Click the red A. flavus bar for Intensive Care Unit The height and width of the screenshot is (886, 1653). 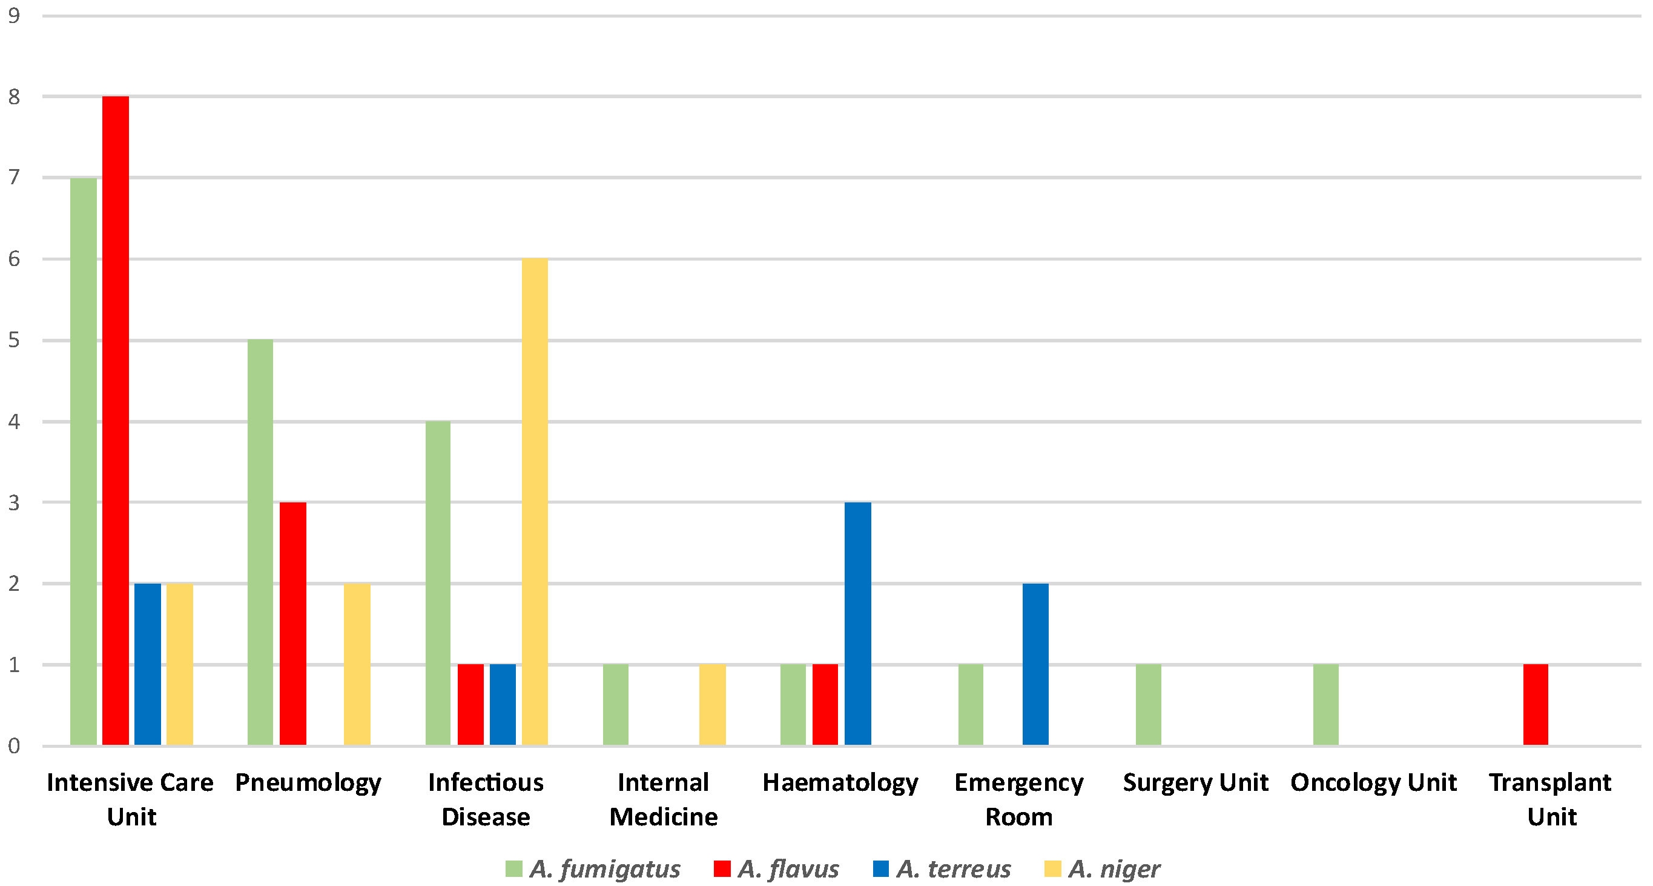[x=116, y=421]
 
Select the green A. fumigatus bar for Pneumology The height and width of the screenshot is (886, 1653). [x=260, y=542]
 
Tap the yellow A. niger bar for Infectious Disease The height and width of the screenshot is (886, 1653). [x=535, y=501]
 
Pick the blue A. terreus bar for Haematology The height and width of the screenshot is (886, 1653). [x=857, y=624]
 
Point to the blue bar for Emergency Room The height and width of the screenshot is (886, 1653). [x=1035, y=664]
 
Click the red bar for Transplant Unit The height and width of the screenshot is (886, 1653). [x=1535, y=704]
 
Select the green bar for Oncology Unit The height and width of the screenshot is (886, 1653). [x=1326, y=704]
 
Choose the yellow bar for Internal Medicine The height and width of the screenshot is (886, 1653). [x=712, y=704]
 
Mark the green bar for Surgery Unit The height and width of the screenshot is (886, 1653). [x=1148, y=704]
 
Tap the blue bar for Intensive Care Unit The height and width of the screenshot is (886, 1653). [x=148, y=664]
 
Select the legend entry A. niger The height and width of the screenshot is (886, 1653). [x=1114, y=868]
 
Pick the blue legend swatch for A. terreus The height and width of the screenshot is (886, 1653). [x=881, y=868]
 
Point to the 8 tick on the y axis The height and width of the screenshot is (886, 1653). [x=14, y=97]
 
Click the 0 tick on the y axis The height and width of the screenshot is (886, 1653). [x=14, y=746]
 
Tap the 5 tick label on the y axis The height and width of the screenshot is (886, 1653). [x=14, y=340]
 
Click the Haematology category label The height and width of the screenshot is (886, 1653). [x=840, y=782]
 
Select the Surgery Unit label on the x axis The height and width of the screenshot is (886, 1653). [x=1195, y=782]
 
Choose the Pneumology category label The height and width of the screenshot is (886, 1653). [x=308, y=782]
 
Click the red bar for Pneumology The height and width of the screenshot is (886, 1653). [x=292, y=624]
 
